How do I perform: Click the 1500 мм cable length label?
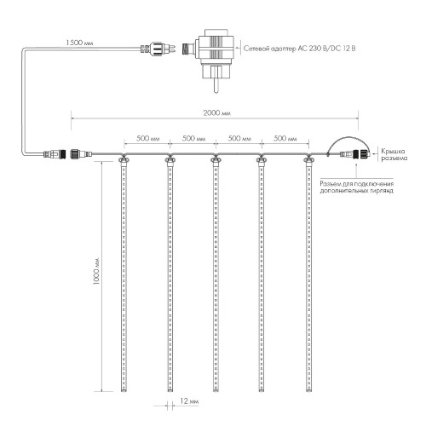pos(80,40)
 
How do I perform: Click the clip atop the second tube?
pos(169,158)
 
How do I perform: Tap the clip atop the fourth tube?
pos(260,158)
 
